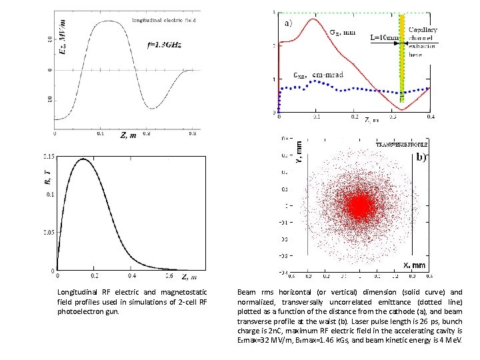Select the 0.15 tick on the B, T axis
[49, 157]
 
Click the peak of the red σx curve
[311, 19]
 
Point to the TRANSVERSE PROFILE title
[402, 144]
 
